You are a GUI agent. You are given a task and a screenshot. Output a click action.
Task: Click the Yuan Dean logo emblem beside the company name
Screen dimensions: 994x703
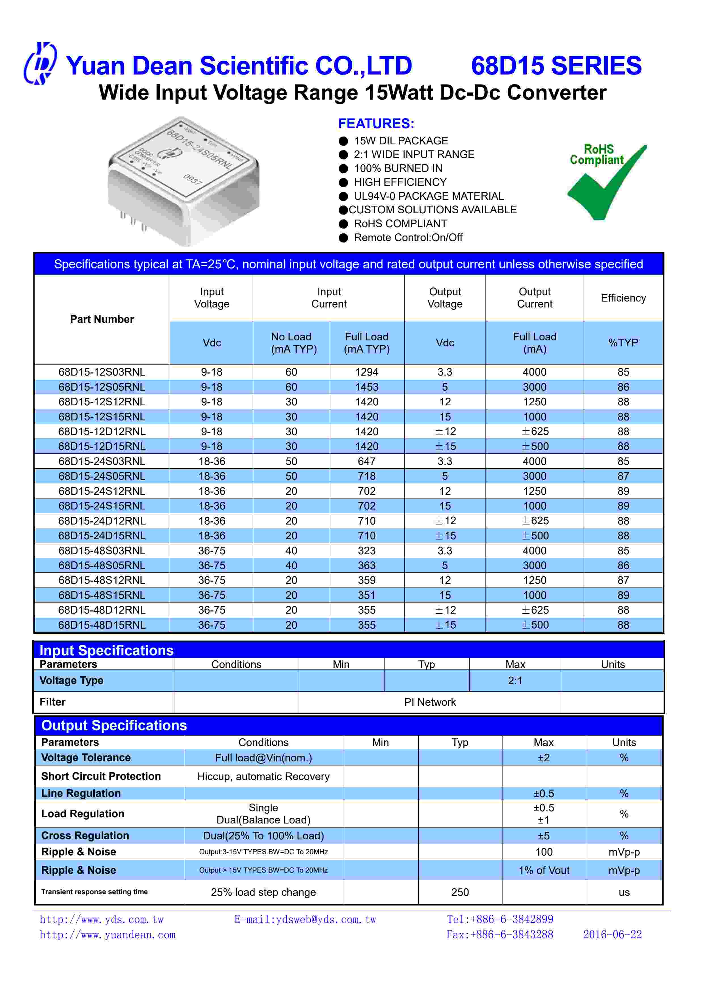pyautogui.click(x=40, y=64)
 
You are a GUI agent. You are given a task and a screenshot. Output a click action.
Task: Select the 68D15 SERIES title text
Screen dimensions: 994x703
pyautogui.click(x=556, y=66)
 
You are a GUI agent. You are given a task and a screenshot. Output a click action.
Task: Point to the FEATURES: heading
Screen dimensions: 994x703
pyautogui.click(x=376, y=124)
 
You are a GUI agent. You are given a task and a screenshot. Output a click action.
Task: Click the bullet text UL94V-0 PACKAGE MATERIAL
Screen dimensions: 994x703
pyautogui.click(x=428, y=196)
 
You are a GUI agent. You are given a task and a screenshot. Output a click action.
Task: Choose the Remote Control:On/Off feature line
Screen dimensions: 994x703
pyautogui.click(x=408, y=238)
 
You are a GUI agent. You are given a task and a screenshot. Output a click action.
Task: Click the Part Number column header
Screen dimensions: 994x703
pyautogui.click(x=102, y=319)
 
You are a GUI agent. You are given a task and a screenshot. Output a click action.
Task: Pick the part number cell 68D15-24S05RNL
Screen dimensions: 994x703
pyautogui.click(x=102, y=476)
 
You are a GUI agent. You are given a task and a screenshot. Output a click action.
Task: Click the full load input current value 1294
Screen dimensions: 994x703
pyautogui.click(x=367, y=372)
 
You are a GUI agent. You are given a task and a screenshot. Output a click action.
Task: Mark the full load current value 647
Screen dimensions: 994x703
pyautogui.click(x=367, y=462)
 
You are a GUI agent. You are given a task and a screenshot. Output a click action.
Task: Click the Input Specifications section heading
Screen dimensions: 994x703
pyautogui.click(x=107, y=651)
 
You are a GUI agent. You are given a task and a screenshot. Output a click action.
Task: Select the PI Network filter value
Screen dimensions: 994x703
pyautogui.click(x=430, y=702)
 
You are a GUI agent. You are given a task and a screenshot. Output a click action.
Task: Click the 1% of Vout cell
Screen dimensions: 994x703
pyautogui.click(x=544, y=870)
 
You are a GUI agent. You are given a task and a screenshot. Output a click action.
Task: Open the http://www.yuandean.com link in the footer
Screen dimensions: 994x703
pyautogui.click(x=107, y=935)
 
